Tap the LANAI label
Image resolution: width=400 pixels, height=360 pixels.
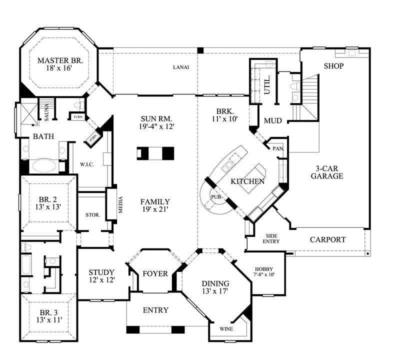[181, 67]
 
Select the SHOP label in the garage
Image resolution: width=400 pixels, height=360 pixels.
[333, 66]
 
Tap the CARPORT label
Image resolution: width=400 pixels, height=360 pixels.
[327, 239]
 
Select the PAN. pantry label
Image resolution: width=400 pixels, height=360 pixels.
[277, 148]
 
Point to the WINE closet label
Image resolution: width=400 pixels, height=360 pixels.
[226, 329]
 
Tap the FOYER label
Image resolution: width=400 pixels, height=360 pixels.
[155, 273]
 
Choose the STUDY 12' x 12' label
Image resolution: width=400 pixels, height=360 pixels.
[101, 276]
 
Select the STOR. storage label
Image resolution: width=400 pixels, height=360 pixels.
[93, 215]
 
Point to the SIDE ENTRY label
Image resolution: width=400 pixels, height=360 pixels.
[271, 238]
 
